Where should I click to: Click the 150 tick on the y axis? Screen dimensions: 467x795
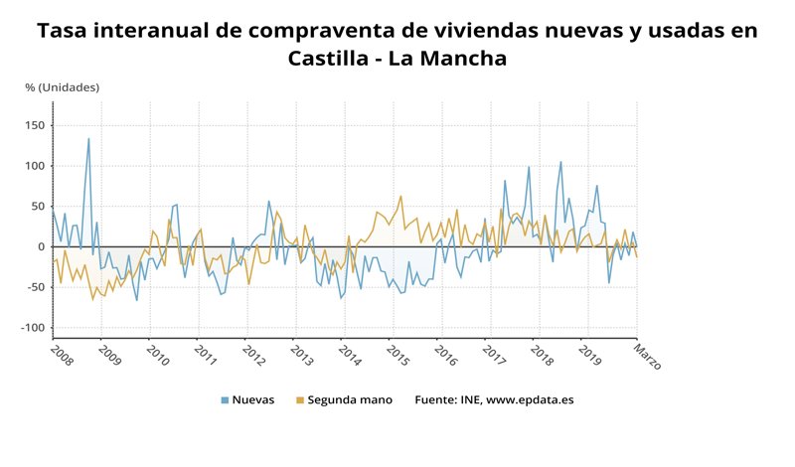(37, 125)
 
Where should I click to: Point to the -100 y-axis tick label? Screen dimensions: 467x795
(35, 328)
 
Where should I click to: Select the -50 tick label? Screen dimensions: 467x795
(38, 287)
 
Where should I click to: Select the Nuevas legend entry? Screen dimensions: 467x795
(252, 400)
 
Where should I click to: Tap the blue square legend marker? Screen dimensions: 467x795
(225, 400)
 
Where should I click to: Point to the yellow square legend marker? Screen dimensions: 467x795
(300, 400)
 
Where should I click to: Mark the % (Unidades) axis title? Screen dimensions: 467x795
(62, 87)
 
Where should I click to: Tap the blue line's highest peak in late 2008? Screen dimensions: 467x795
(88, 138)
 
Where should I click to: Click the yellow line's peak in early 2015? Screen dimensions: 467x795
(400, 196)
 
